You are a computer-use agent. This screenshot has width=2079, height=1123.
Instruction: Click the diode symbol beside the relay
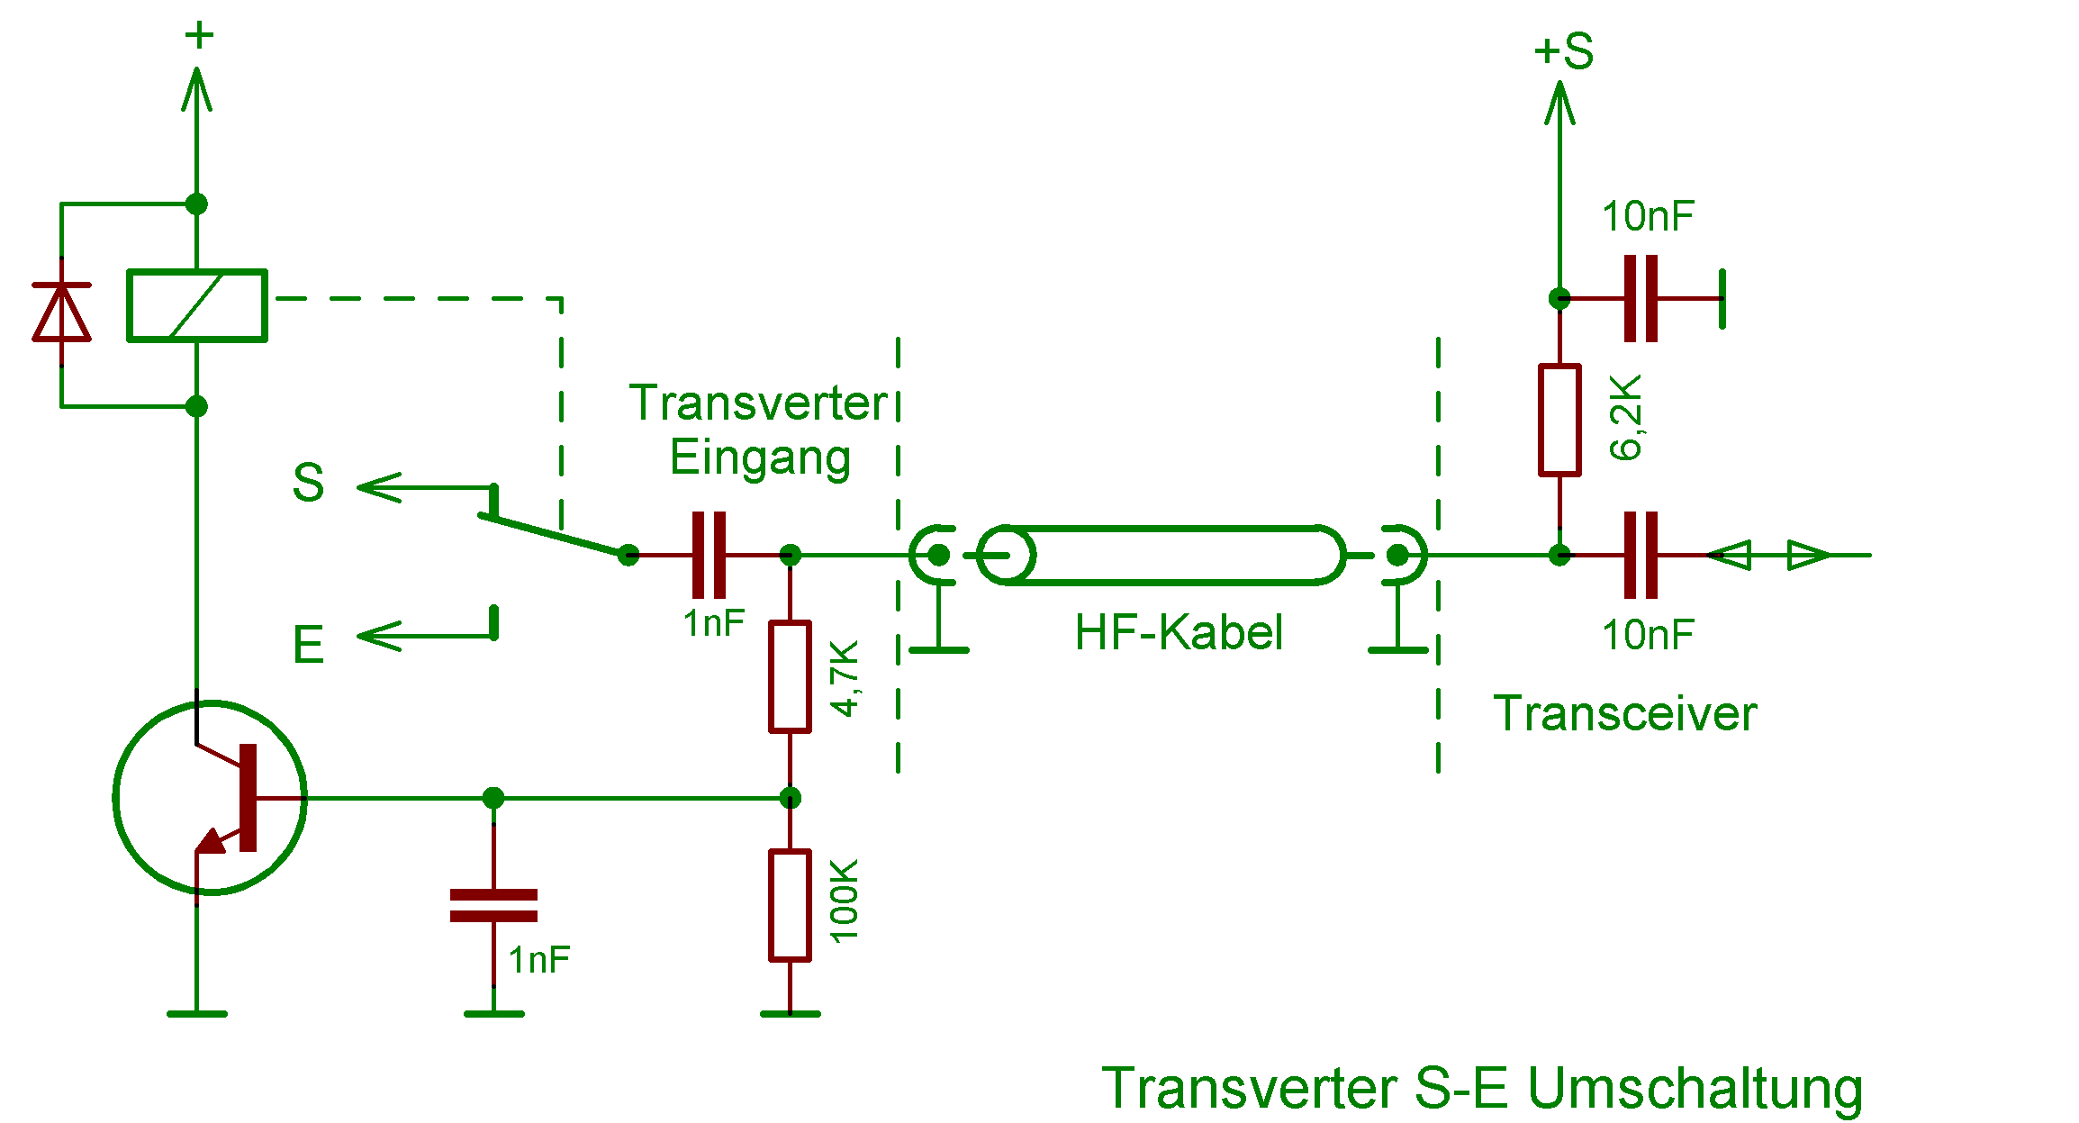[61, 312]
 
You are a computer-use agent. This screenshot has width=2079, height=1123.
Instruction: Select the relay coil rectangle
[197, 305]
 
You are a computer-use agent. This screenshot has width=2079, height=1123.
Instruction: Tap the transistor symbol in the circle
[210, 798]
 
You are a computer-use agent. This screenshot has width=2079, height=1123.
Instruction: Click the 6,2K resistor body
[1559, 420]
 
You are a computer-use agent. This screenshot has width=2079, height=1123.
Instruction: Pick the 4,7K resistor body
[790, 676]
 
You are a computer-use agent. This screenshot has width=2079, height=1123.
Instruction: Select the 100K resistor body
[790, 905]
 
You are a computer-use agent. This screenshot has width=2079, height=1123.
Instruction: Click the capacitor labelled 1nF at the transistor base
[493, 905]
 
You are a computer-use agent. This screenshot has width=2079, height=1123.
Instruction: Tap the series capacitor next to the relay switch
[709, 555]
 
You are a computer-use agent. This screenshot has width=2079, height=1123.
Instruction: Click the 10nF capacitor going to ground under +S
[1641, 298]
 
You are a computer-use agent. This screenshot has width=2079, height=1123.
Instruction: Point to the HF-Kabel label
[1178, 632]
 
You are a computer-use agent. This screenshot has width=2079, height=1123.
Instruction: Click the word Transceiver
[1624, 714]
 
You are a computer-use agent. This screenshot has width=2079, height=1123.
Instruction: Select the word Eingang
[760, 457]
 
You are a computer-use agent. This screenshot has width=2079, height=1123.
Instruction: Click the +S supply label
[1564, 51]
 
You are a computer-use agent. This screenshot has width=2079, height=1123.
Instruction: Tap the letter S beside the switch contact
[308, 483]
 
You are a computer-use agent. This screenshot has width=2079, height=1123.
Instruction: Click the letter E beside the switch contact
[308, 645]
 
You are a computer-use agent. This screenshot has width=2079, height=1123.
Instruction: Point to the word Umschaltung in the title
[1695, 1088]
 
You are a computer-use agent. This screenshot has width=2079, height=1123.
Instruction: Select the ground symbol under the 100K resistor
[790, 1014]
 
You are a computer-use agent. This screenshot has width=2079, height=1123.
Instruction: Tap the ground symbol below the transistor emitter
[197, 1014]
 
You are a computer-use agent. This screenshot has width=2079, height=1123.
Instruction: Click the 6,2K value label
[1626, 418]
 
